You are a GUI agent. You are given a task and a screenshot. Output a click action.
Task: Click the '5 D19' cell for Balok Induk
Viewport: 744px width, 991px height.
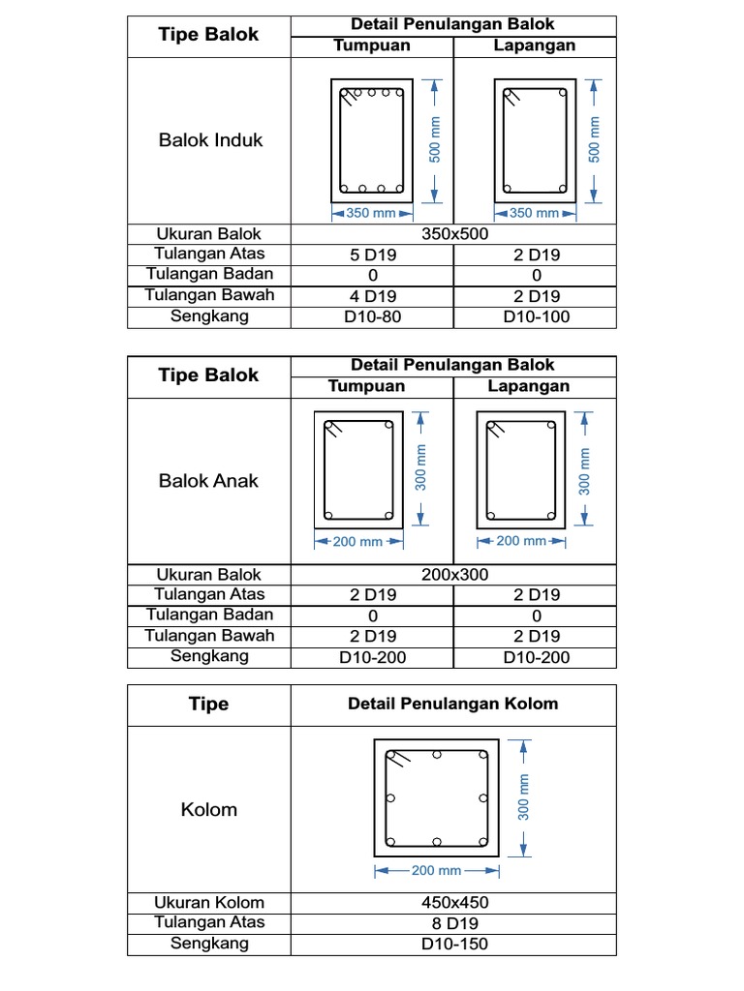click(x=372, y=255)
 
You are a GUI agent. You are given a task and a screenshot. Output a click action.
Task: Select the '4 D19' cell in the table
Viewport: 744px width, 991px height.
click(x=372, y=297)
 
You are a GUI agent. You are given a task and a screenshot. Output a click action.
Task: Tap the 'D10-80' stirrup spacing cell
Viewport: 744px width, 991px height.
click(x=372, y=316)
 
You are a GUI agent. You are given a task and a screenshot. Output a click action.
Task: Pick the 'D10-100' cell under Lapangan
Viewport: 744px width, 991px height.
click(x=536, y=316)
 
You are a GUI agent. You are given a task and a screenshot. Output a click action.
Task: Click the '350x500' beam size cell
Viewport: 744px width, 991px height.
click(x=454, y=234)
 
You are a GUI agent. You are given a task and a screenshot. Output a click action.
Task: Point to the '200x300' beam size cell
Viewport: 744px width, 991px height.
click(x=454, y=575)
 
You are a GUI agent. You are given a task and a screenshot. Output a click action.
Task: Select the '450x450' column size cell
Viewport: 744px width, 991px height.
click(x=454, y=903)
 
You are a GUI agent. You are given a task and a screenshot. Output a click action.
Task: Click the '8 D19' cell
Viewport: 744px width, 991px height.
click(x=454, y=923)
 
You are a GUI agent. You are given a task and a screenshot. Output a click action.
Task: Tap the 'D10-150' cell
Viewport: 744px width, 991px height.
click(x=454, y=944)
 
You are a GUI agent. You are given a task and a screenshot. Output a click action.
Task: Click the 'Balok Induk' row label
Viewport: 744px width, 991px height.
click(x=210, y=140)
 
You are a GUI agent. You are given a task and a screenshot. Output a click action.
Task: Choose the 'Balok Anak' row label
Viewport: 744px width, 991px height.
click(x=208, y=481)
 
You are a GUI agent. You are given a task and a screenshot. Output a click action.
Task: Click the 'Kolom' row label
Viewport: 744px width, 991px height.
click(x=208, y=809)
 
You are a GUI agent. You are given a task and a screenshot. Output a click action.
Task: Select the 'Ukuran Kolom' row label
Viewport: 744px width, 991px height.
click(x=208, y=903)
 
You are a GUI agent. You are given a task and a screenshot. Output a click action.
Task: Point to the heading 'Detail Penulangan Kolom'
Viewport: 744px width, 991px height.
click(x=452, y=704)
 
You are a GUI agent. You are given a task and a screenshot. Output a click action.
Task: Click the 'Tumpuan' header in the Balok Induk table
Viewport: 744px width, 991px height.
click(x=372, y=45)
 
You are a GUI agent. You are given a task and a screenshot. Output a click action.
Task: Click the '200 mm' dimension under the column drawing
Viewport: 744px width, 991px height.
click(x=436, y=870)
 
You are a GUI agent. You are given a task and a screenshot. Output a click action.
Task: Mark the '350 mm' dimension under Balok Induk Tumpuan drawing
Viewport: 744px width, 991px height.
click(x=371, y=213)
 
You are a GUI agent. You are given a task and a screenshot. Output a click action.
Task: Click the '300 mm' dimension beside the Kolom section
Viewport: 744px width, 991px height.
click(x=524, y=797)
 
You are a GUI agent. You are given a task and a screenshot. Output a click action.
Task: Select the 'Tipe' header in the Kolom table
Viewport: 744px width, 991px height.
click(x=208, y=704)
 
